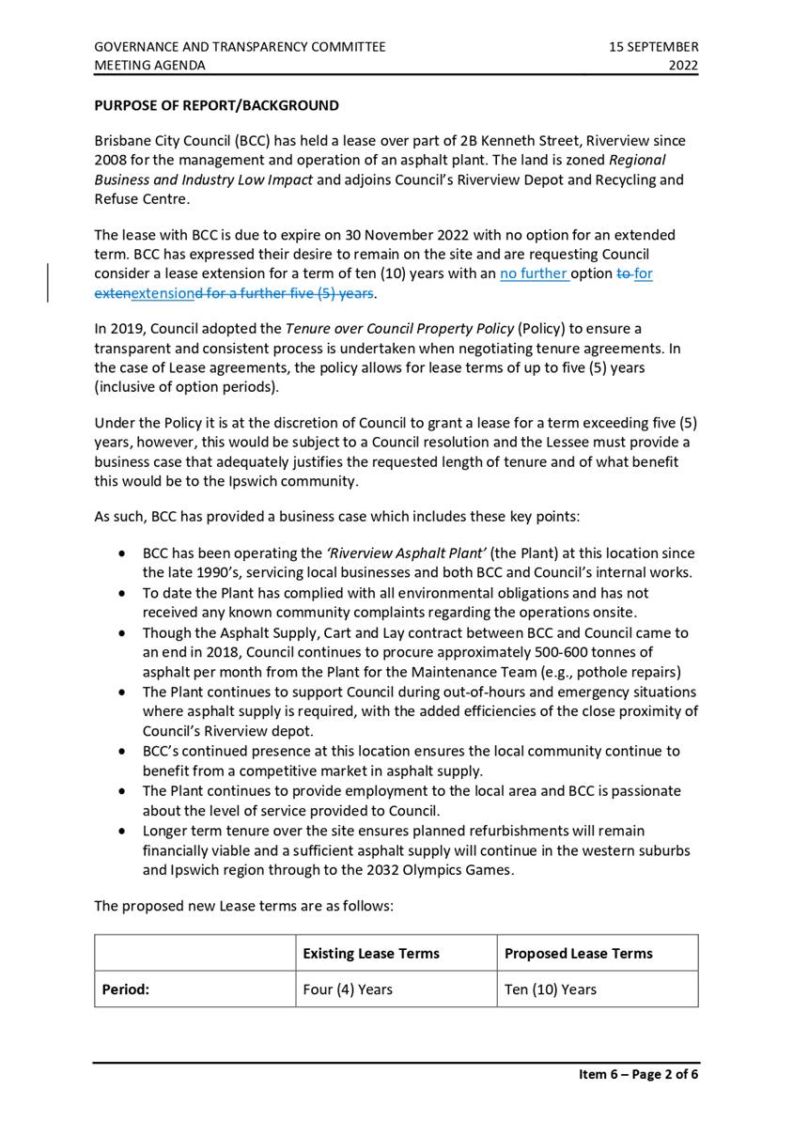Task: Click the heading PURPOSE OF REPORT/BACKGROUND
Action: (216, 105)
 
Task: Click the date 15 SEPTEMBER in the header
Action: (653, 46)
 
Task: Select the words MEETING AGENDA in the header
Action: (149, 65)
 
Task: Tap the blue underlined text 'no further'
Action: (534, 274)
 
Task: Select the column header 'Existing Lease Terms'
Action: (371, 953)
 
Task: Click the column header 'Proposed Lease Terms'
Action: (578, 953)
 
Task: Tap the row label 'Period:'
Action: (126, 989)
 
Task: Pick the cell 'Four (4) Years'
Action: (348, 989)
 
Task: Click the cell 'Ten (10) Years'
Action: (550, 989)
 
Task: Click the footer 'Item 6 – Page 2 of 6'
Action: (638, 1075)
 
